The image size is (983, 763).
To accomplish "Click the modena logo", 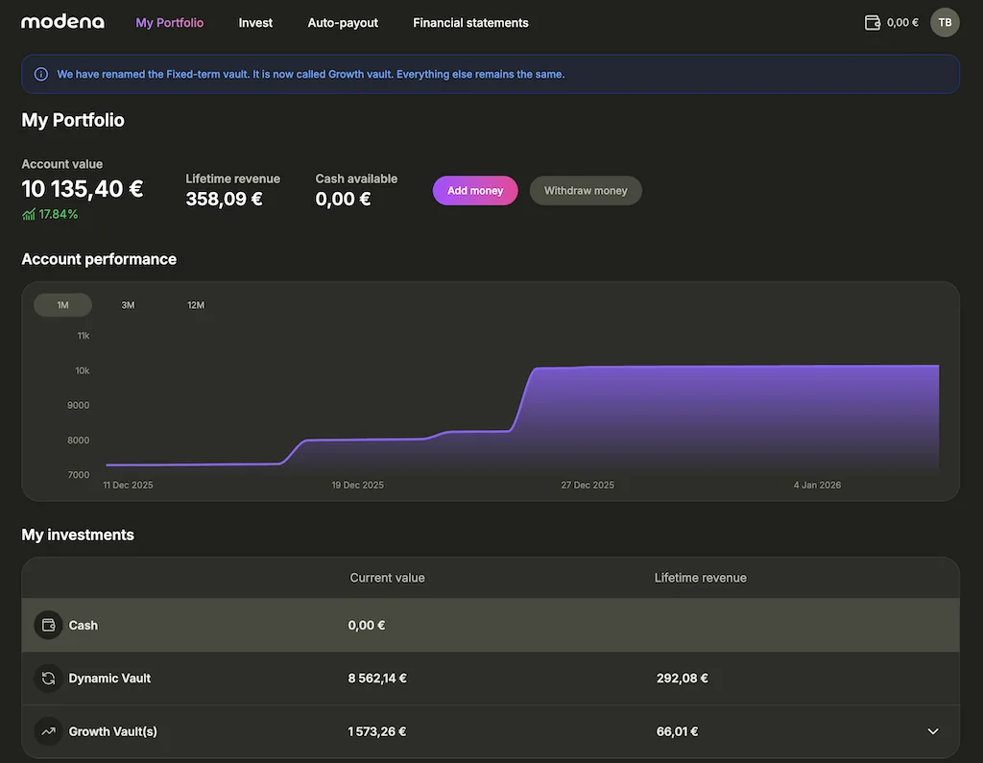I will [62, 22].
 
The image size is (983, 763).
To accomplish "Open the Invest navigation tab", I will [255, 22].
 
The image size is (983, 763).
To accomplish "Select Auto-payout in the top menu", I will [343, 22].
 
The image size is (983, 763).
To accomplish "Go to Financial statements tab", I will [470, 22].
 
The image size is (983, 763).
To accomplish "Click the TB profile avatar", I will [945, 22].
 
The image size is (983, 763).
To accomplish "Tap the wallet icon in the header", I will [873, 22].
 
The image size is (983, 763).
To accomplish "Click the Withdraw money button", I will [586, 190].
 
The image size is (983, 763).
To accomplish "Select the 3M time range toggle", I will [128, 305].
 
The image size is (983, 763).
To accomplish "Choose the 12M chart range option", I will [196, 305].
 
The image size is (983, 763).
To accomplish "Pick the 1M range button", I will [62, 305].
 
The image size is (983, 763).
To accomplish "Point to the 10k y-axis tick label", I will [83, 370].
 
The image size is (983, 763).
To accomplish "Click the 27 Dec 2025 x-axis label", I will [587, 485].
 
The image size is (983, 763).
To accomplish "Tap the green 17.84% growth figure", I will [58, 214].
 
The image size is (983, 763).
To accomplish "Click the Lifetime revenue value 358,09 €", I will [224, 199].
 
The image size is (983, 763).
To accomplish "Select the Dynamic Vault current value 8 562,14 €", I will [377, 678].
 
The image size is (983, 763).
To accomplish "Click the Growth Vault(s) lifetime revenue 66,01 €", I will [677, 731].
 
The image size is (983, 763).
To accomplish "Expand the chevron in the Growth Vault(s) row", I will [933, 731].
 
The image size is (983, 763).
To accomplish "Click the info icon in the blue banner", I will [41, 74].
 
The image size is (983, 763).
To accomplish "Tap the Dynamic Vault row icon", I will [48, 679].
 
